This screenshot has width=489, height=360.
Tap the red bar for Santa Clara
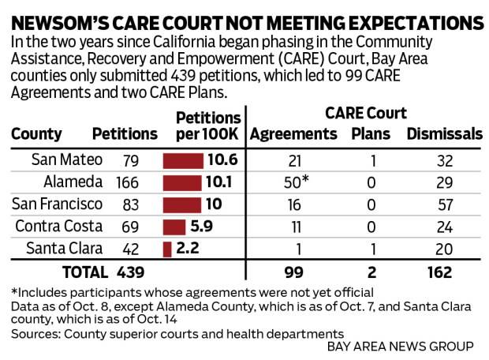pos(167,249)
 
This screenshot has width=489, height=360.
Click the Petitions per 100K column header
pos(207,125)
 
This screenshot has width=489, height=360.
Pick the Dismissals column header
pos(444,134)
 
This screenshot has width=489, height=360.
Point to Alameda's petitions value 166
pos(126,182)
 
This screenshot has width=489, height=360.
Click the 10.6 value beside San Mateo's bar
pos(222,159)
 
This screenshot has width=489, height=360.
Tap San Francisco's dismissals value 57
pos(445,204)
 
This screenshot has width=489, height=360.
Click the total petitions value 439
pos(131,272)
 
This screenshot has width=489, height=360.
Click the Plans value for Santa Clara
pos(371,249)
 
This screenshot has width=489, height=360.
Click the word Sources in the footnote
pos(32,334)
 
